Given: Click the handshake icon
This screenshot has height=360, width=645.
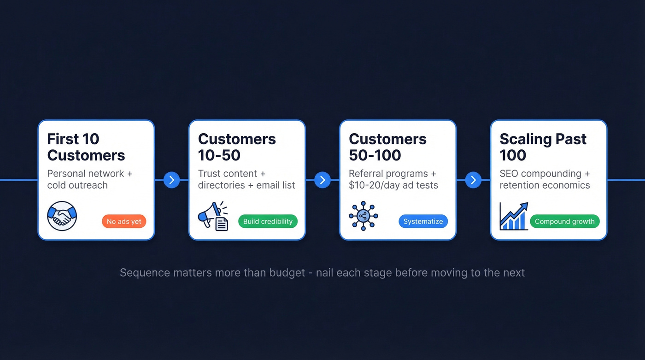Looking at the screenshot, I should coord(62,216).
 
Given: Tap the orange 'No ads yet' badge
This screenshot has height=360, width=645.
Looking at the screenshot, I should coord(124,222).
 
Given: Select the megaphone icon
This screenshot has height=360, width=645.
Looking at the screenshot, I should coord(213,216).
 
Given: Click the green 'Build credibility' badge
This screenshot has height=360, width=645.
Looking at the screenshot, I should coord(268,222).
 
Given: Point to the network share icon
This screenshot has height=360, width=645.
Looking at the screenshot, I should coord(364,216).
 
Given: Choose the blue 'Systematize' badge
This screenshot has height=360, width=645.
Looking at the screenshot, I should coord(423,222).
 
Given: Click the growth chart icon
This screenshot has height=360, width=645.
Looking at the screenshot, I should coord(514,216).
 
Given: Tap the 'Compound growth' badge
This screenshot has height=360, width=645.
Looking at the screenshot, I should coord(564,222).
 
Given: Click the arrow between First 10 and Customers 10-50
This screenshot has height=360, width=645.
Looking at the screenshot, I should coord(172,180).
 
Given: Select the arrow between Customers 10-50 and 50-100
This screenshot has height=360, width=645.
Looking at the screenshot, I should coord(322,180).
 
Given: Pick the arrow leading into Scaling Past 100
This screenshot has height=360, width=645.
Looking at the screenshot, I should coord(473,180).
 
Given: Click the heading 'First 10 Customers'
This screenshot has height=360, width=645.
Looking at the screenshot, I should coord(86,147).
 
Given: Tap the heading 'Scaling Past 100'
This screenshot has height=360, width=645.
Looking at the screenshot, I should coord(543,147).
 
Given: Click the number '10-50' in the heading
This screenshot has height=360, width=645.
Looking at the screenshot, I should coord(219,155).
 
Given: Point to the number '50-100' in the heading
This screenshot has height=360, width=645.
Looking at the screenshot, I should coord(375,155).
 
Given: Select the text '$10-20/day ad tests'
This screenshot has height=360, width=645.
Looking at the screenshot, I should coord(393,185).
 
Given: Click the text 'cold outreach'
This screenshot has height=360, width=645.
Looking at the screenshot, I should coord(77,185).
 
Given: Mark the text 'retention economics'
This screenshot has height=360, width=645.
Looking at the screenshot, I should coord(545,185).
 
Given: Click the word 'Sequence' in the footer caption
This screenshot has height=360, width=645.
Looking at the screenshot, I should coord(143,273).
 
